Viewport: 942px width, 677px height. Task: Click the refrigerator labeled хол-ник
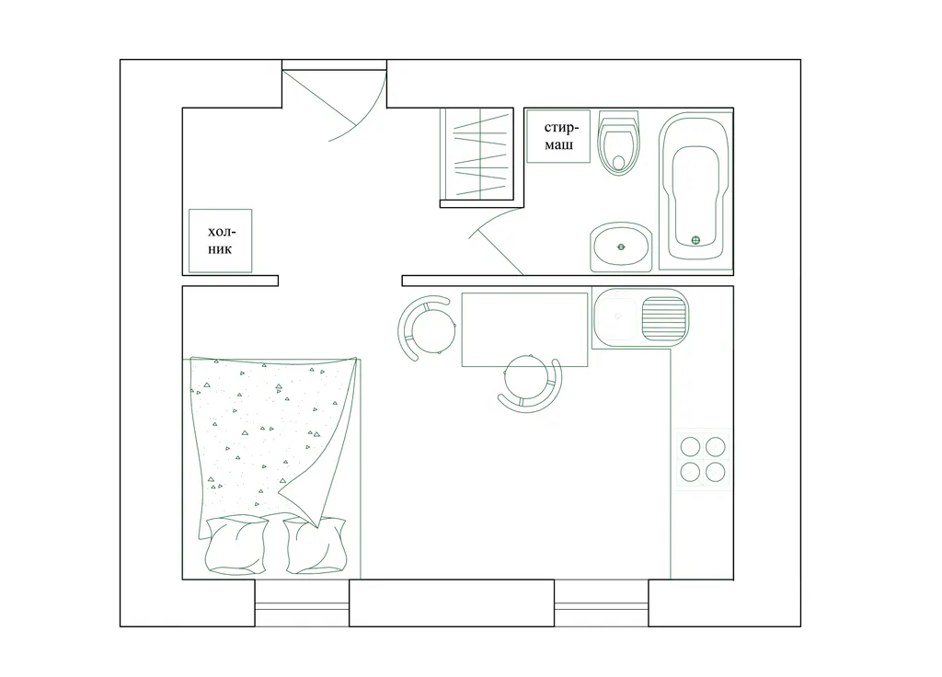tap(220, 240)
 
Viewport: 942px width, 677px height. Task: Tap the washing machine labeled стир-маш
tap(558, 136)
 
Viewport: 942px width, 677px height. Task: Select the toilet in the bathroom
tap(618, 143)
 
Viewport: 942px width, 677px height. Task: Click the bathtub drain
tap(695, 240)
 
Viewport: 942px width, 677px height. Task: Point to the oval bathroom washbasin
tap(621, 247)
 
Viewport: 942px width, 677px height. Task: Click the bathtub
tap(695, 191)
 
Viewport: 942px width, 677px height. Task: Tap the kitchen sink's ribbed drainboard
tap(664, 318)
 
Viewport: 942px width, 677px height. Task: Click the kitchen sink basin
tap(615, 318)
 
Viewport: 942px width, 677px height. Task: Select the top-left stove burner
tap(690, 447)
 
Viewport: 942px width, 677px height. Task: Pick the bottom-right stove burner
tap(716, 472)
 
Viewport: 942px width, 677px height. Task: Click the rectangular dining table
tap(524, 329)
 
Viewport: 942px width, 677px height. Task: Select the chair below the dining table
tap(529, 384)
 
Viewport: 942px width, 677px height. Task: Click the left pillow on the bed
tap(236, 545)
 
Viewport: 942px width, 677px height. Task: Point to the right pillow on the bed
tap(316, 545)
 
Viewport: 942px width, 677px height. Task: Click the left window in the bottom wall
tap(302, 603)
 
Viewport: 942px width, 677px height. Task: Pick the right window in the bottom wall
tap(602, 603)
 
